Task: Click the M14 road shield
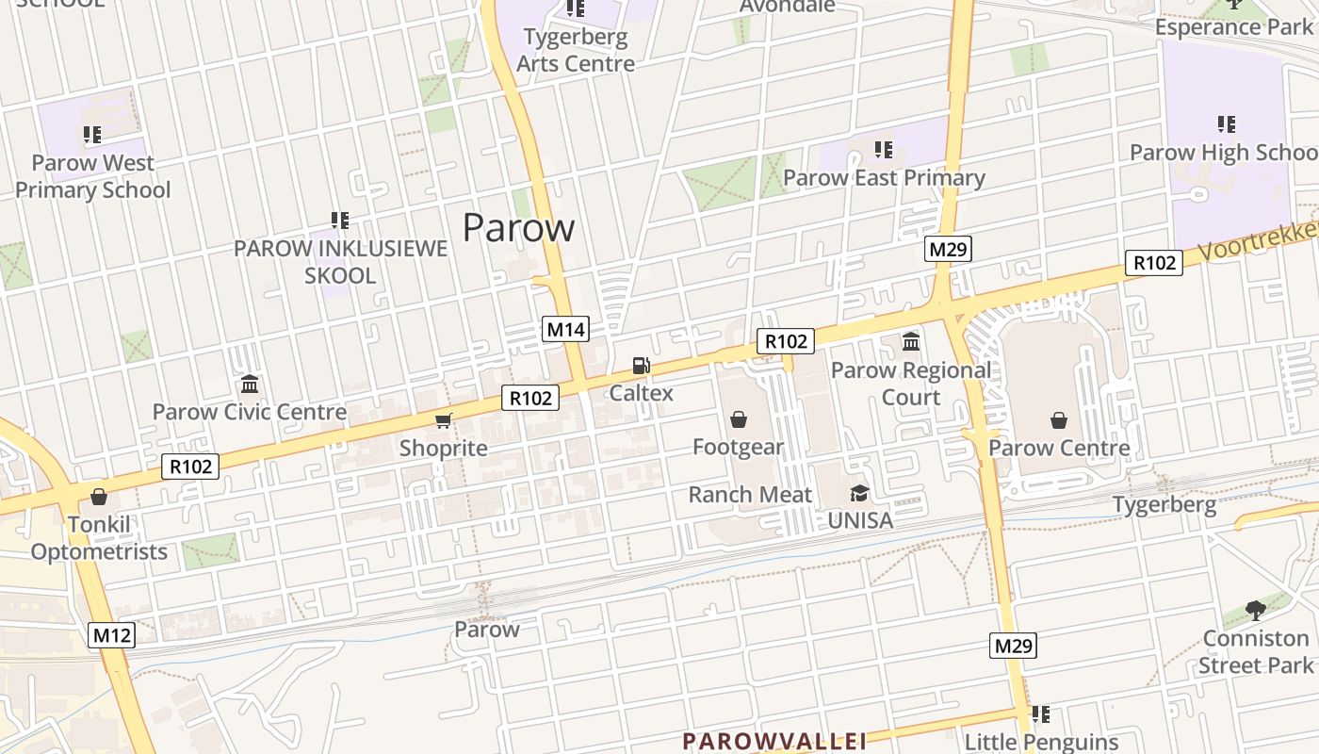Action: [x=566, y=329]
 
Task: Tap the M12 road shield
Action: [x=112, y=634]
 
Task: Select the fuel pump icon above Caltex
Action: [x=641, y=366]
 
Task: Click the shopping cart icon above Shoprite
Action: [x=443, y=420]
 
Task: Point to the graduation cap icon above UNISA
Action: [x=859, y=493]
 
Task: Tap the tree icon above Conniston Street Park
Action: [x=1255, y=611]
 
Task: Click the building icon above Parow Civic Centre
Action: [x=250, y=385]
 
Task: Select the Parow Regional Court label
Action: [x=910, y=384]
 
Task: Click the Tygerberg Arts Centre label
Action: [x=576, y=51]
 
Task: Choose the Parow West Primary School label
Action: [x=92, y=176]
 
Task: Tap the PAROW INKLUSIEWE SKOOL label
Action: [x=340, y=262]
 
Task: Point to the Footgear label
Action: [x=738, y=447]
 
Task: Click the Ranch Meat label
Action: [x=750, y=495]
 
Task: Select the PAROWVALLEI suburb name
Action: [x=774, y=741]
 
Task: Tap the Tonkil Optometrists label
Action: [x=99, y=538]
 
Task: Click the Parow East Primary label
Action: [x=884, y=178]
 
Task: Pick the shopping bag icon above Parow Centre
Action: [x=1059, y=419]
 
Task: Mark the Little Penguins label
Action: [x=1041, y=743]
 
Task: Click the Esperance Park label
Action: [x=1233, y=26]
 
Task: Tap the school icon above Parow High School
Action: [x=1226, y=124]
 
